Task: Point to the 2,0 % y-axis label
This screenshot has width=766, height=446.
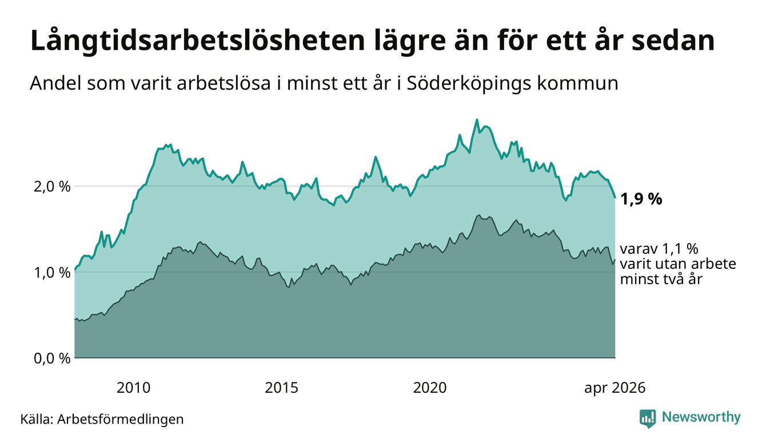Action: tap(53, 187)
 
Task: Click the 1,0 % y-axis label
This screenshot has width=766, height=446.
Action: tap(53, 273)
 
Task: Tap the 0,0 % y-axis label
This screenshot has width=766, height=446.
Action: tap(53, 359)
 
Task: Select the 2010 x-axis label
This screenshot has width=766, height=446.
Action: tap(133, 388)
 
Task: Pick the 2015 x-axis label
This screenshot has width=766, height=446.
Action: tap(281, 388)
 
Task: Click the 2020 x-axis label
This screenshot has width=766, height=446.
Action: tap(430, 388)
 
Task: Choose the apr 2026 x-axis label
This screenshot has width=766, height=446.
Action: tap(615, 388)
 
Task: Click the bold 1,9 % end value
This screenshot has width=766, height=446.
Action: tap(641, 199)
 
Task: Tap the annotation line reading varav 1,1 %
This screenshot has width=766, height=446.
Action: tap(659, 249)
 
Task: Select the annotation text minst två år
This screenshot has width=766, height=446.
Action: tap(661, 279)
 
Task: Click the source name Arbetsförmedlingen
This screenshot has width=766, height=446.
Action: tap(121, 419)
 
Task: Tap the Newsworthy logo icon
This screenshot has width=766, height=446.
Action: tap(648, 419)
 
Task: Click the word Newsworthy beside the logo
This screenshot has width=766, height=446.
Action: tap(701, 417)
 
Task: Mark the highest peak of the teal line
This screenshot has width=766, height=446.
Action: tap(477, 120)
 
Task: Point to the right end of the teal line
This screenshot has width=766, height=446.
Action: tap(615, 197)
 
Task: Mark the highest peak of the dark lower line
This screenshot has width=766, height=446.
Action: tap(479, 215)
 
